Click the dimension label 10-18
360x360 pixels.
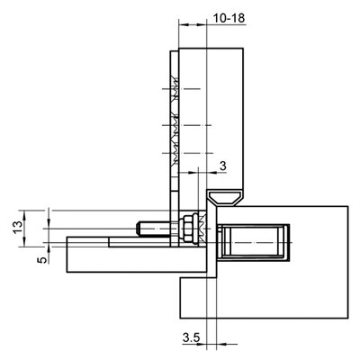(x=229, y=18)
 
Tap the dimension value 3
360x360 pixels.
(x=222, y=166)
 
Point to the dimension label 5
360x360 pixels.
(x=43, y=258)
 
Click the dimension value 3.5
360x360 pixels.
(x=191, y=337)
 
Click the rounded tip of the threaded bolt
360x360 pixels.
(x=138, y=229)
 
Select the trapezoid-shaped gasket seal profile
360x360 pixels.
(x=226, y=197)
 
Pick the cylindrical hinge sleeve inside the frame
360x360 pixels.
(x=254, y=242)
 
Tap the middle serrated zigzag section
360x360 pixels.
(x=175, y=125)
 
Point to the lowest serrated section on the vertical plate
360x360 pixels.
(x=175, y=154)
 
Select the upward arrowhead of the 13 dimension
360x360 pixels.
(x=24, y=215)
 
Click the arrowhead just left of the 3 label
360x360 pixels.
(x=211, y=172)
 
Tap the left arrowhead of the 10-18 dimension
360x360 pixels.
(x=184, y=24)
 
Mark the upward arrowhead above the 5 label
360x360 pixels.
(x=49, y=251)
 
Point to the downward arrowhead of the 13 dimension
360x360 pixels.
(x=24, y=241)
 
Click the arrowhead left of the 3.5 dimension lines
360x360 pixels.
(x=202, y=344)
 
